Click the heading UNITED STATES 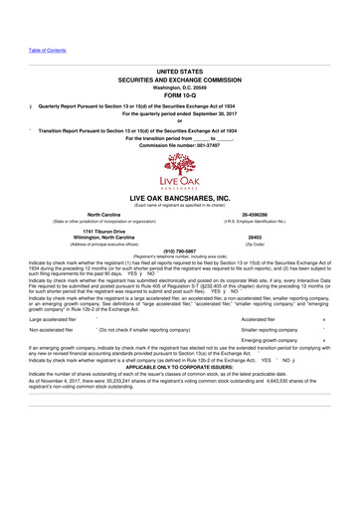point(179,73)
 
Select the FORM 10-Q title point(179,95)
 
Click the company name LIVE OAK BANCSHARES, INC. point(180,200)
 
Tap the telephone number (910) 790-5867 point(180,251)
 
